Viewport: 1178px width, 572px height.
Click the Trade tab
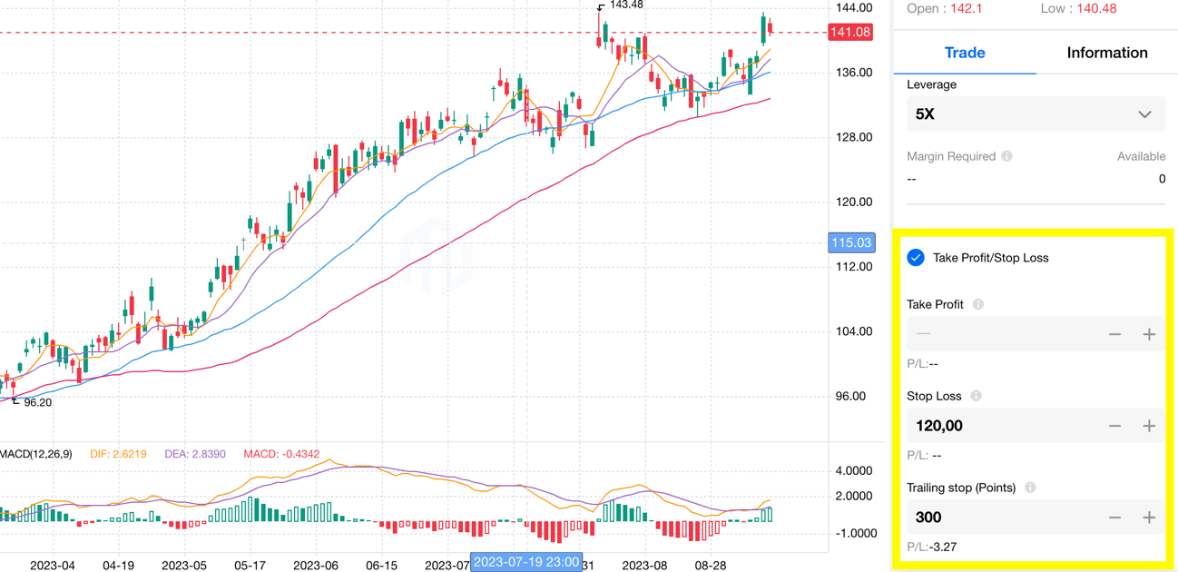[x=964, y=53]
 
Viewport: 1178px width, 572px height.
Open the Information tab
[x=1106, y=53]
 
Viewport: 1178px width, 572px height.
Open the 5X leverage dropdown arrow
[x=1144, y=114]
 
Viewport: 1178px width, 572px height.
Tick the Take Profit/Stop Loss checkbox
[x=916, y=258]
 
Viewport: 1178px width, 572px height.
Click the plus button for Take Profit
[x=1149, y=334]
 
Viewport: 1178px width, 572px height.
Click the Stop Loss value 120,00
[x=939, y=426]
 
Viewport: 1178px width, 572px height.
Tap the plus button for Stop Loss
[x=1149, y=426]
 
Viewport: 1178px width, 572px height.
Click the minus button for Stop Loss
[x=1114, y=426]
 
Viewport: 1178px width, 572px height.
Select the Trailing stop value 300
[x=928, y=518]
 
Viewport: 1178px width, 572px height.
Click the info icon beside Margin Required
[x=1006, y=156]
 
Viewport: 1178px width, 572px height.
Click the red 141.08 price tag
[x=850, y=33]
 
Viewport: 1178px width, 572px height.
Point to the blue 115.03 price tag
[x=850, y=242]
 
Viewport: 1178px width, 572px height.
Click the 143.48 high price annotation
[x=626, y=5]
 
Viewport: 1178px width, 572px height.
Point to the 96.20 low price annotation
[x=37, y=402]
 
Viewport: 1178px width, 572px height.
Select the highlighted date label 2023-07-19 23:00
[x=526, y=562]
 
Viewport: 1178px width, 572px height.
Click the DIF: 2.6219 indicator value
[x=118, y=454]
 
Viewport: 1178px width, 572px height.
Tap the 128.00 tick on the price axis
[x=853, y=137]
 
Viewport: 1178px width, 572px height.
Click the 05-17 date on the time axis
[x=250, y=565]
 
